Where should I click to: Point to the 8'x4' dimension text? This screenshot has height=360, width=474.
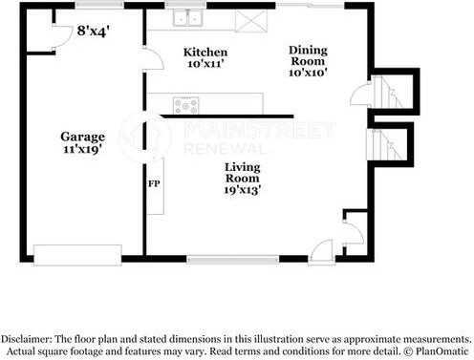point(93,31)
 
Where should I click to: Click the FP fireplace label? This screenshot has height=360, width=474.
point(153,181)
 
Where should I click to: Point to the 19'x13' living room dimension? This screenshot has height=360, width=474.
point(245,189)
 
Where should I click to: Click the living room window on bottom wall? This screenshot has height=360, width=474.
point(232,257)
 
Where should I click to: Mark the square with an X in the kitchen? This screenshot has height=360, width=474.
point(250,19)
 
